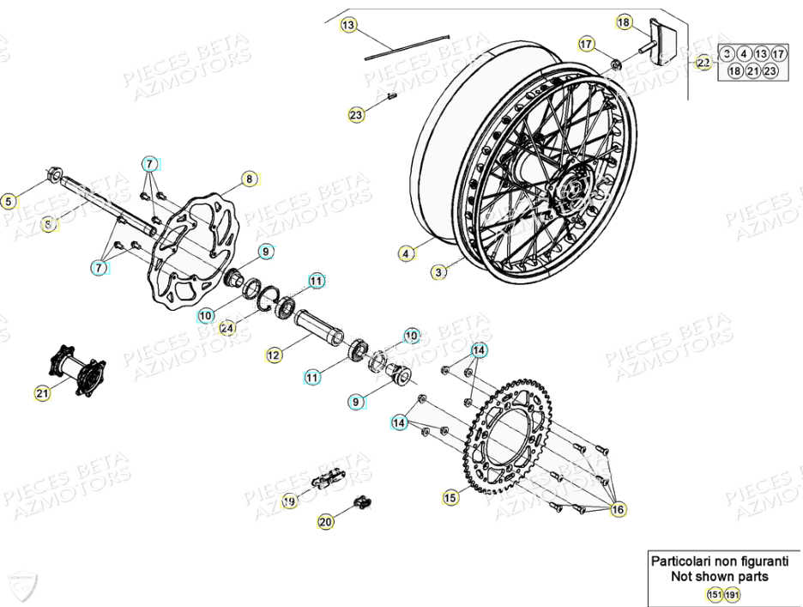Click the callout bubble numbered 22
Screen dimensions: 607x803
[x=703, y=63]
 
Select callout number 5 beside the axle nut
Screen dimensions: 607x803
[x=9, y=203]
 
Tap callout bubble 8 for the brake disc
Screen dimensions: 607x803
[x=249, y=179]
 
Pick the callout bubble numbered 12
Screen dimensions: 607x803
[x=273, y=354]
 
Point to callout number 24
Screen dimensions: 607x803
[x=226, y=327]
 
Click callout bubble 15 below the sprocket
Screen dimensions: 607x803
[x=450, y=497]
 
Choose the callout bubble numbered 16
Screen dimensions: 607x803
[x=618, y=510]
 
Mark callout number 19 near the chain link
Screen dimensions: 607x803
[x=289, y=501]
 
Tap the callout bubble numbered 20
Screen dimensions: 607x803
[x=325, y=521]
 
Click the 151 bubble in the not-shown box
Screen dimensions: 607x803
[x=713, y=594]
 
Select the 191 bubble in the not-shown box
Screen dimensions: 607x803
[x=731, y=594]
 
